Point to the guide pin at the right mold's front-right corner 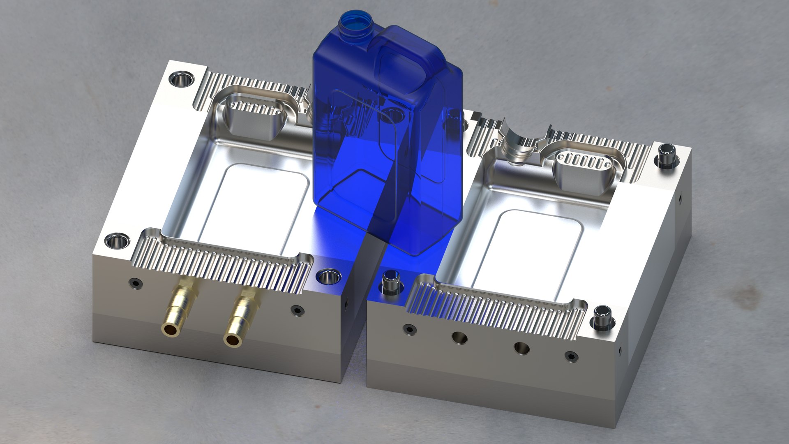pos(602,317)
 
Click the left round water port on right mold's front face pos(459,338)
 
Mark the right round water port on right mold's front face pos(521,348)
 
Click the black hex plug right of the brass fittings pos(297,310)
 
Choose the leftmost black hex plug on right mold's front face pos(409,328)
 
